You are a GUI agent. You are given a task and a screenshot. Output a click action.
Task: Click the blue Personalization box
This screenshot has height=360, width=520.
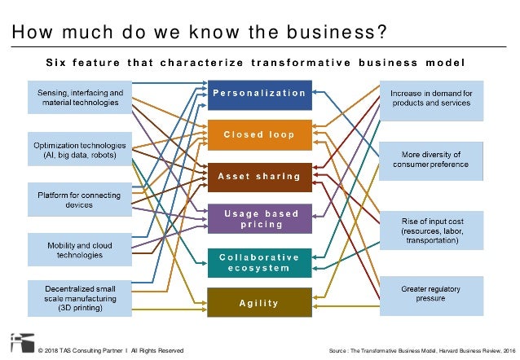(x=259, y=94)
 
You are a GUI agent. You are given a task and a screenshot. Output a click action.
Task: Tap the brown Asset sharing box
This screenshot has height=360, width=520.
(x=259, y=177)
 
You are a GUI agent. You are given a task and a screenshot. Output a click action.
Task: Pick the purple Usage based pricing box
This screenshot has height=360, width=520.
(x=259, y=218)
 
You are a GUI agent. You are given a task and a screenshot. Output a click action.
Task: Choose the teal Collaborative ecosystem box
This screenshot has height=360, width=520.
(x=259, y=261)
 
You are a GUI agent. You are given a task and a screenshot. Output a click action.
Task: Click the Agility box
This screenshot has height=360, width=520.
(x=259, y=303)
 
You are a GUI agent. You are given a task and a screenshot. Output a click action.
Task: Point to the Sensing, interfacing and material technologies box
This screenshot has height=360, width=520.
(x=79, y=98)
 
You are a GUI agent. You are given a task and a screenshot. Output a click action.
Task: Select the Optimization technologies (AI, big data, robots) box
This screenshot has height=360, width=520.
(x=79, y=149)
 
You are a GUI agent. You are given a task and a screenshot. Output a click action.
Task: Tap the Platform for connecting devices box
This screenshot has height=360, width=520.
(x=79, y=200)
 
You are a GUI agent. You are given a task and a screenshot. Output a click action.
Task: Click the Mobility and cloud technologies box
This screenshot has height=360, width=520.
(x=79, y=250)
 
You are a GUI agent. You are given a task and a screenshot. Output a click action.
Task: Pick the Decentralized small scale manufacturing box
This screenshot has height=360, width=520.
(x=79, y=297)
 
